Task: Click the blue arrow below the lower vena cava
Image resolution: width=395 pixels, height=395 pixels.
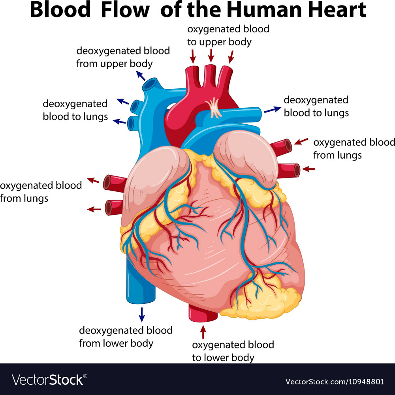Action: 142,315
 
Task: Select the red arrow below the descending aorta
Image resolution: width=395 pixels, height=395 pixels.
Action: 203,332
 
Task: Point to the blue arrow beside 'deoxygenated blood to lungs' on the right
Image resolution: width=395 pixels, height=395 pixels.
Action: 273,110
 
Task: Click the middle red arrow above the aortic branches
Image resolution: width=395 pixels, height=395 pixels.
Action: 211,55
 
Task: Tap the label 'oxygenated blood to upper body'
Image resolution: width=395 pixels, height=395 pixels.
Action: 228,36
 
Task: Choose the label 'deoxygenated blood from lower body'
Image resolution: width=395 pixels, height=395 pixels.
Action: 126,337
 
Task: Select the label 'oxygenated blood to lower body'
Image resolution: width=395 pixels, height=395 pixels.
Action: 233,351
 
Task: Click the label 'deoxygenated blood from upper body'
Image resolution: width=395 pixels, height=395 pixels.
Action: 123,57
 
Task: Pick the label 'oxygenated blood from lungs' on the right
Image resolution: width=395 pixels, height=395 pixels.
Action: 354,149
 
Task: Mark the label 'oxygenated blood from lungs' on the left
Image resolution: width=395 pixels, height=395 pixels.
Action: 41,192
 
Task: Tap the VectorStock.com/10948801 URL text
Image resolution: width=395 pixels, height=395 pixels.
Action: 335,382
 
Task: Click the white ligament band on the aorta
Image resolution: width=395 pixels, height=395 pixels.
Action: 213,108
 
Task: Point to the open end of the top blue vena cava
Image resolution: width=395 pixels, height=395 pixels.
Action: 150,84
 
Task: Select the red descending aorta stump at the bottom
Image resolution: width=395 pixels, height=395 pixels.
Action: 203,313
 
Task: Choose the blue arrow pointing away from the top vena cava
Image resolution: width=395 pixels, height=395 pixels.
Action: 141,76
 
